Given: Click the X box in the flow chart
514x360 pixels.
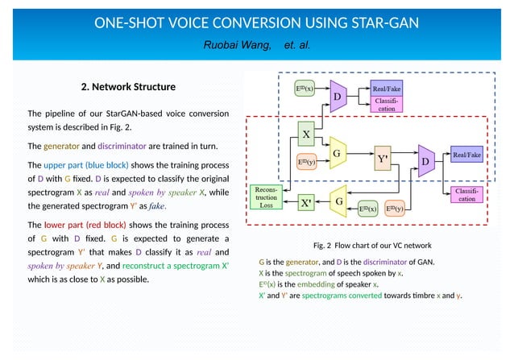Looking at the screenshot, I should click(x=306, y=131).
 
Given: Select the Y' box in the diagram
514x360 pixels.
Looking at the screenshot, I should click(x=383, y=158).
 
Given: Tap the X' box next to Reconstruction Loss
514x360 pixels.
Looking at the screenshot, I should click(x=306, y=204).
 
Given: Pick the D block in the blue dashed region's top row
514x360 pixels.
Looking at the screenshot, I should click(x=338, y=96).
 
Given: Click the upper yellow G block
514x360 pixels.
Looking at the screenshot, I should click(x=338, y=152).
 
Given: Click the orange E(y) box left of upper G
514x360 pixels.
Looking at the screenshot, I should click(x=306, y=162).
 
